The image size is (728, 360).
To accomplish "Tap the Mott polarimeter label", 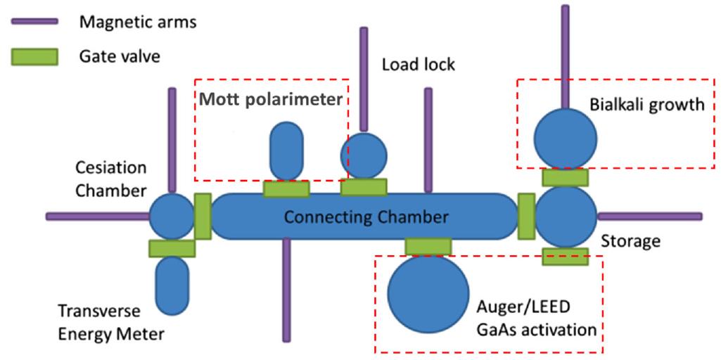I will tap(271, 99).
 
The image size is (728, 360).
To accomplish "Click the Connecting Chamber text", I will tap(365, 217).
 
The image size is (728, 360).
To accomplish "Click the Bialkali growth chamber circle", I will tap(565, 137).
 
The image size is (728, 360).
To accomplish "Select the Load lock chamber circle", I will tap(364, 155).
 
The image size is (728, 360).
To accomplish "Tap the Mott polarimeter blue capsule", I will tap(286, 152).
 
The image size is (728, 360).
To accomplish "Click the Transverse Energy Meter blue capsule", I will tap(172, 285).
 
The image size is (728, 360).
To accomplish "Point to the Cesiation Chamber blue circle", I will tap(172, 216).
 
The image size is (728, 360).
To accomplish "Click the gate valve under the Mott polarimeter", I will tap(286, 188).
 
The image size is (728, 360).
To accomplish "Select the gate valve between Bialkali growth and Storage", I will tap(566, 176).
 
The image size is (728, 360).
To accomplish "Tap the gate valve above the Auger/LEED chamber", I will tap(428, 246).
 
